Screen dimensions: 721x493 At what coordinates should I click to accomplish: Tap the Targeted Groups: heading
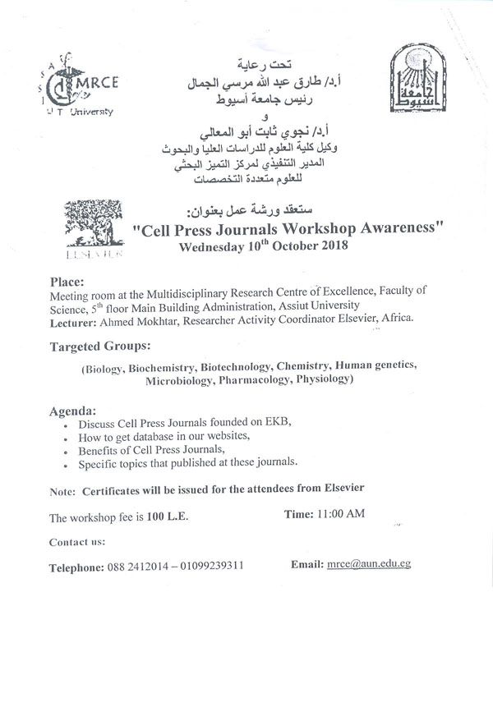[99, 348]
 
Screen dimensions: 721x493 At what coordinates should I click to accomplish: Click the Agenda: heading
[73, 410]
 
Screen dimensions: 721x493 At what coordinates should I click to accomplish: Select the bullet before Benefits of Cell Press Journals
[66, 452]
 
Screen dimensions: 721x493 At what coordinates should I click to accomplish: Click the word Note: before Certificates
[62, 490]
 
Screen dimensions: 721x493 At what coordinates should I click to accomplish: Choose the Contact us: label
[76, 543]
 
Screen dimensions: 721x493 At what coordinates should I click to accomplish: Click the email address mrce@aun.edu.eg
[368, 566]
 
